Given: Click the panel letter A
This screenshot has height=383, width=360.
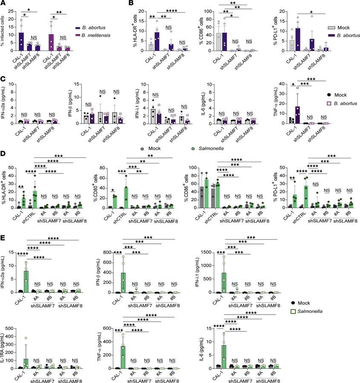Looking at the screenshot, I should (x=3, y=4).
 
